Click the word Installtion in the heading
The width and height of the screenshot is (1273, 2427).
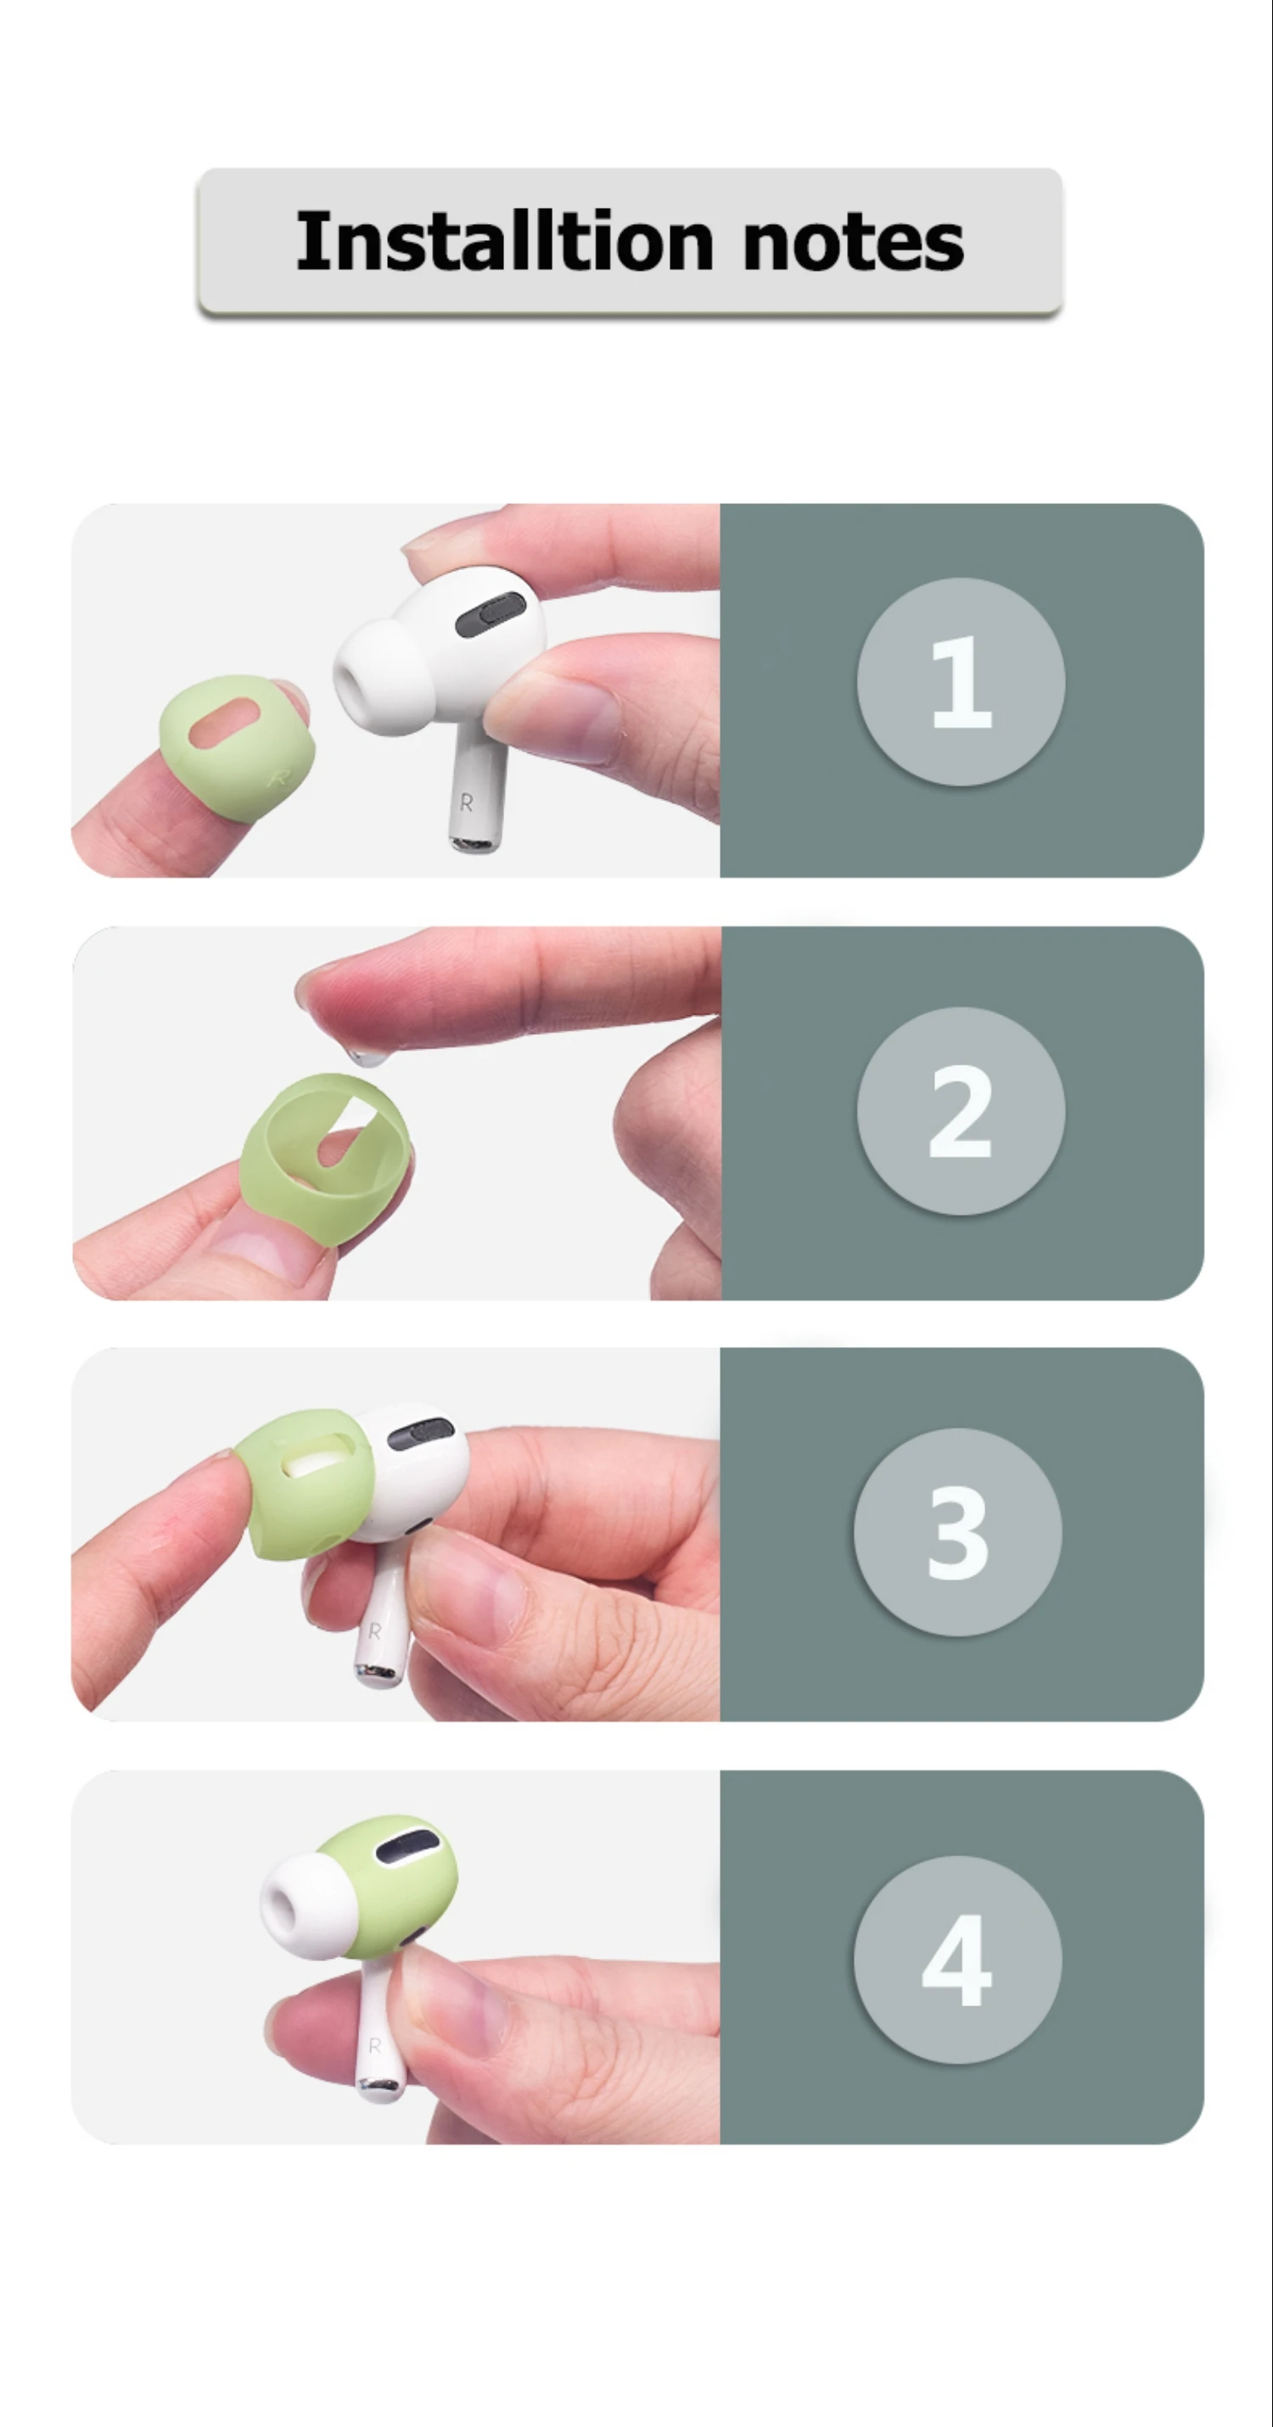505,241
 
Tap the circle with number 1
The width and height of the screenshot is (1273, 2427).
961,681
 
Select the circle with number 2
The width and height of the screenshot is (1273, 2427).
961,1110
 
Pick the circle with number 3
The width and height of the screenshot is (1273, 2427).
957,1532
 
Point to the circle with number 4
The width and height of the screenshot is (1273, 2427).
957,1960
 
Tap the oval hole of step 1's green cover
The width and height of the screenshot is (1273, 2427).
224,724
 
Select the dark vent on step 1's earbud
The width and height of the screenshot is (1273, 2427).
490,614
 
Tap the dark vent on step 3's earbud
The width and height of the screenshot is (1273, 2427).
420,1433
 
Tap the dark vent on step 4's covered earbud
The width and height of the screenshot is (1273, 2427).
408,1847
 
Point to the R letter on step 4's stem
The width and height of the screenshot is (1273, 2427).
375,2045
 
